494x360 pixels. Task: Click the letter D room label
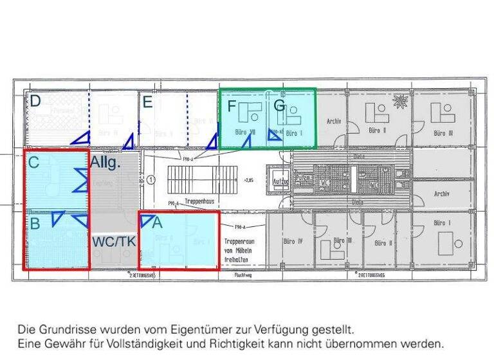coord(35,101)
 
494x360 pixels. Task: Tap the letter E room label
coord(148,102)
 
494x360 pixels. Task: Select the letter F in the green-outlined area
coord(232,105)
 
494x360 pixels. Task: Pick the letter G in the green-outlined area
coord(279,105)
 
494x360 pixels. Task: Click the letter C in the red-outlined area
coord(34,163)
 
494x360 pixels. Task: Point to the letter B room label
coord(35,223)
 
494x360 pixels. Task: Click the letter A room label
coord(157,222)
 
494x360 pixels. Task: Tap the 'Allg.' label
coord(105,162)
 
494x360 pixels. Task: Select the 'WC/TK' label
coord(113,242)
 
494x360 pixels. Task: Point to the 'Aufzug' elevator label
coord(281,182)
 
